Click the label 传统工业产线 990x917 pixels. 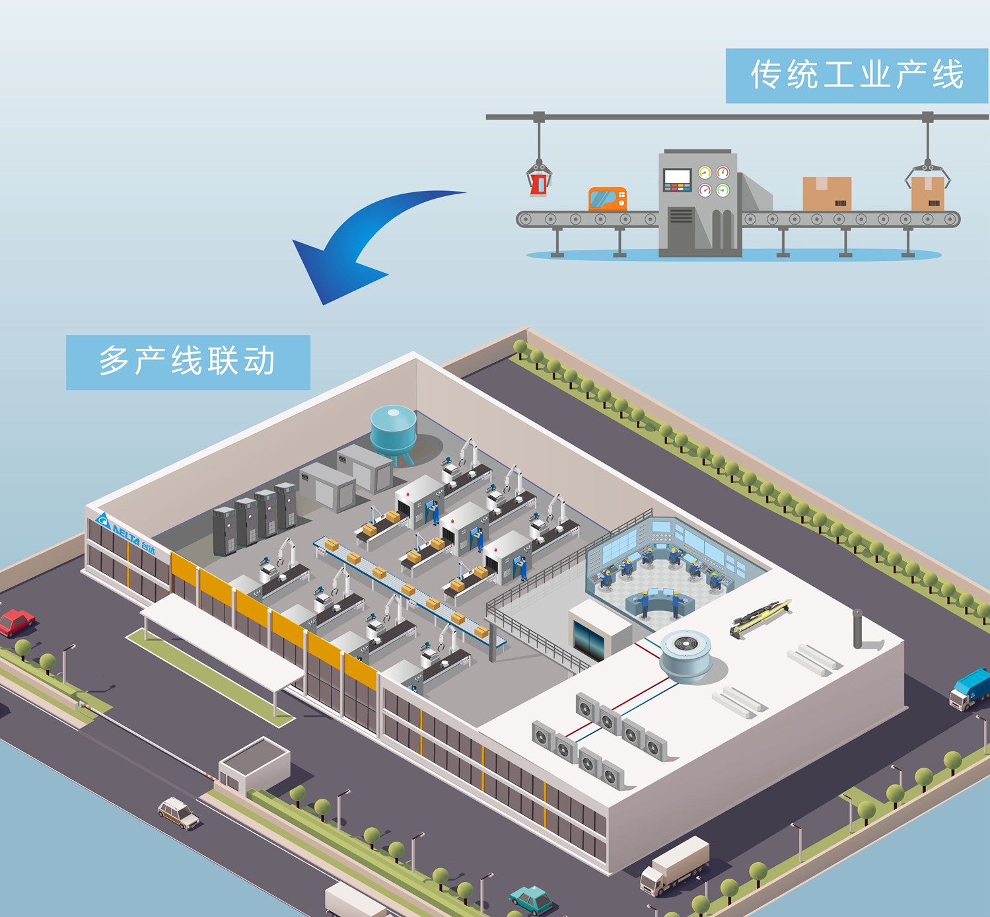tap(856, 75)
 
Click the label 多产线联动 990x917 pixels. tap(188, 362)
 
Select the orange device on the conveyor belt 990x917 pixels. tap(607, 198)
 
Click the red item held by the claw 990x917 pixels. tap(539, 183)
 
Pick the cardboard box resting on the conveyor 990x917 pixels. tap(827, 194)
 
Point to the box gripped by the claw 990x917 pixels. tap(927, 192)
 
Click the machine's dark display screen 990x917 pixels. tap(677, 177)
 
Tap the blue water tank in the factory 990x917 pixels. tap(393, 430)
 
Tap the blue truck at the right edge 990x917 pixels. tap(971, 688)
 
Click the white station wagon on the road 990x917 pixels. tap(178, 812)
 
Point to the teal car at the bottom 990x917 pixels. tap(531, 899)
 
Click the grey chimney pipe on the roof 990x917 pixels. tap(858, 629)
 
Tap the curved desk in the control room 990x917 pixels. tap(660, 602)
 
